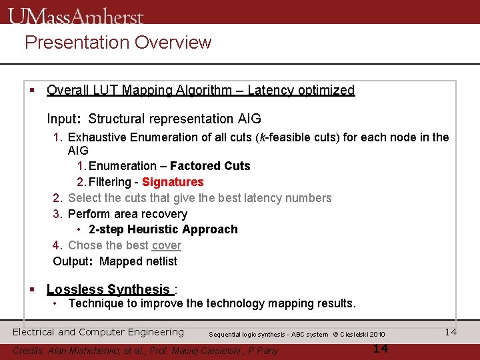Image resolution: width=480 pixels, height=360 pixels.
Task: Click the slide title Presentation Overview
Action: click(x=118, y=43)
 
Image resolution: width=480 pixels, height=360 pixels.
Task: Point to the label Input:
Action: click(x=63, y=119)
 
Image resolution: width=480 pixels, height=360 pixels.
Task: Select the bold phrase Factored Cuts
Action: click(x=210, y=166)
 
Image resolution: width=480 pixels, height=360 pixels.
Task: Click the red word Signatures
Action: click(x=173, y=182)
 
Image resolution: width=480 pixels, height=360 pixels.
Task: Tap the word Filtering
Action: click(x=110, y=182)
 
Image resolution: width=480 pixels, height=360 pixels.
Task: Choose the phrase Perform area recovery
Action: click(x=127, y=214)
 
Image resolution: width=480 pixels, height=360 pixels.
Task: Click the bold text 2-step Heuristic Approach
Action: click(x=163, y=229)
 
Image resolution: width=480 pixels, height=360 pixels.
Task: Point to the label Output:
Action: click(x=73, y=261)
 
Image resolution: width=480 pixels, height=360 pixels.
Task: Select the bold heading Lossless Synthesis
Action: click(x=108, y=289)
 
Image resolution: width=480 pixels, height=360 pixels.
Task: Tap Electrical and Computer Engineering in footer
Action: click(x=98, y=332)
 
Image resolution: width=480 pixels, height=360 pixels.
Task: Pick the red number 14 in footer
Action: click(x=380, y=349)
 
